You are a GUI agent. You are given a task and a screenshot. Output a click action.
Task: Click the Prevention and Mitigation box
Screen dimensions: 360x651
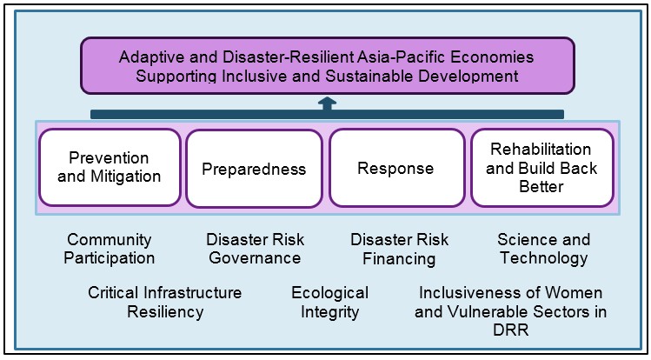110,167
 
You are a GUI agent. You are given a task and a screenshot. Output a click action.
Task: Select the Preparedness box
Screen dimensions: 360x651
254,168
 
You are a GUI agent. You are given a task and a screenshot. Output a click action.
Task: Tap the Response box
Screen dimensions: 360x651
395,168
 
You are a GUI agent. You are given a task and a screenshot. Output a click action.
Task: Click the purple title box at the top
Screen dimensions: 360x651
327,66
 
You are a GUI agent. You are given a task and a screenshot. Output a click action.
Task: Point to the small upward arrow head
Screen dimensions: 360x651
327,103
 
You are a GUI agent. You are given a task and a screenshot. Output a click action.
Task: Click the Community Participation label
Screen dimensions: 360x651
110,249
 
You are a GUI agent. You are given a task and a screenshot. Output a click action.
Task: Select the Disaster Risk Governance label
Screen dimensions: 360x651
255,249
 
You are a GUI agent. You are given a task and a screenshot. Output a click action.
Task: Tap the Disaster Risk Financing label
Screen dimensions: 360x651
399,249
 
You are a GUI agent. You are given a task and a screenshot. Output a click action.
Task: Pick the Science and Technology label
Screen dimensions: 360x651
543,249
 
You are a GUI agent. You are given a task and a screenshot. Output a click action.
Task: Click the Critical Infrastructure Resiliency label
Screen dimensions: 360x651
165,302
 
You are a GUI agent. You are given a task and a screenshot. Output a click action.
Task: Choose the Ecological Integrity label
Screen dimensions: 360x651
329,302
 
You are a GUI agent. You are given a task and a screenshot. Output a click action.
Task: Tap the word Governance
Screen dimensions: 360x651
255,258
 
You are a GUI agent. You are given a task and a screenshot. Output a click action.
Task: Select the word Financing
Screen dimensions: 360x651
399,258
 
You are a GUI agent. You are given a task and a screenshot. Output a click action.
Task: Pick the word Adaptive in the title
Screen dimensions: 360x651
147,57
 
